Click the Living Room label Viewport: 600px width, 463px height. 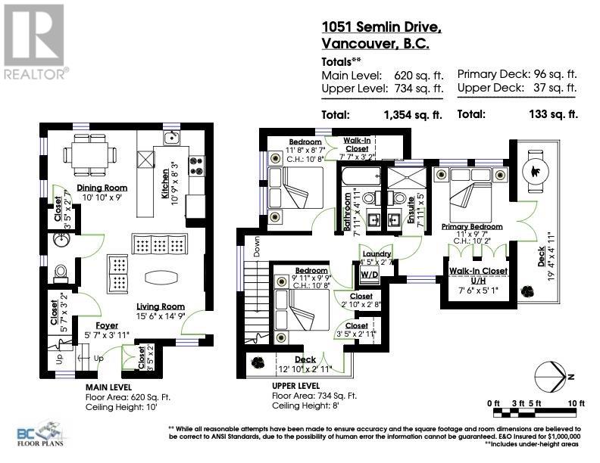(x=161, y=306)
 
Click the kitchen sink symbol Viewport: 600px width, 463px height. (x=173, y=137)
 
